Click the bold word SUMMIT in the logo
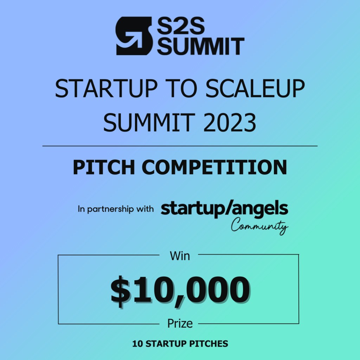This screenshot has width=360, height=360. coord(200,46)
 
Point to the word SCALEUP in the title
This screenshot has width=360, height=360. coord(255,89)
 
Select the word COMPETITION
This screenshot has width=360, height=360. coord(214,168)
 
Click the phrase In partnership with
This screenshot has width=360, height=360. coord(116,209)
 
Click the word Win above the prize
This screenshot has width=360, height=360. coord(180,256)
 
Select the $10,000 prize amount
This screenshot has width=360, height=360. coord(180,291)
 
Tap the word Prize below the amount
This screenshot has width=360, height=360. coord(180,323)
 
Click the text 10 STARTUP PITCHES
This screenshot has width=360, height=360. coord(180,344)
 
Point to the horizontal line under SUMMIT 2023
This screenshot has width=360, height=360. coord(180,146)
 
